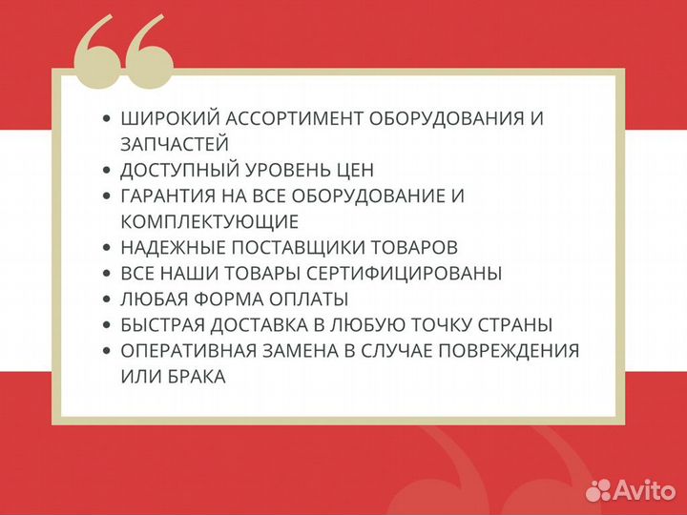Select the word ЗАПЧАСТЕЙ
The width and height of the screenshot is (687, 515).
click(x=175, y=144)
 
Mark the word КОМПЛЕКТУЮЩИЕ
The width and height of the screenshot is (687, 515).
click(x=210, y=222)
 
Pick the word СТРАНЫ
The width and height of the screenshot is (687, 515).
click(x=519, y=325)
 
